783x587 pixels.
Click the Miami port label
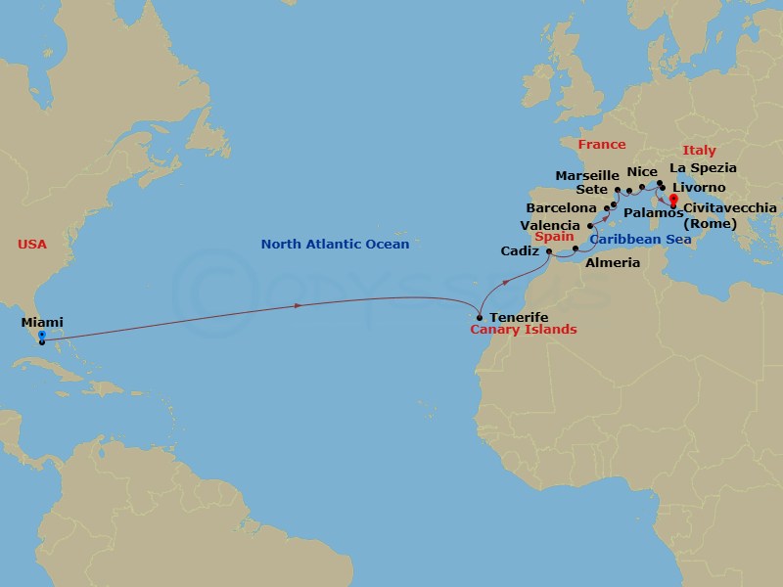tap(42, 321)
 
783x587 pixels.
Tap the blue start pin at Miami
tap(41, 337)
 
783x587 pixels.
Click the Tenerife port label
tap(519, 318)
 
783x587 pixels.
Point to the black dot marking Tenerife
tap(479, 317)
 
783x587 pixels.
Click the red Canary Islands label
tap(525, 330)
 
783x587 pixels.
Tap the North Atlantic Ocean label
tap(335, 244)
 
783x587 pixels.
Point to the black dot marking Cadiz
tap(549, 252)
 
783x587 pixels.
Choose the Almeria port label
tap(612, 263)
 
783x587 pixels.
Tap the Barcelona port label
tap(560, 208)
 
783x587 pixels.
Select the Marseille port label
tap(587, 175)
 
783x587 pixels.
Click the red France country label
tap(601, 145)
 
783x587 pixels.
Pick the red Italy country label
tap(699, 151)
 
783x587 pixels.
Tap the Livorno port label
tap(699, 187)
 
